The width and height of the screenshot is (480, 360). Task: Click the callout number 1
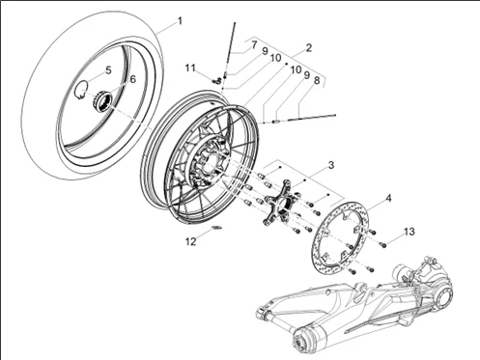click(x=178, y=18)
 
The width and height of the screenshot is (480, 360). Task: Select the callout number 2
click(x=308, y=47)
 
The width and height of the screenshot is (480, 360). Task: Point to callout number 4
click(x=388, y=200)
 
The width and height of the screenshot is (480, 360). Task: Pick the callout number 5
click(x=108, y=70)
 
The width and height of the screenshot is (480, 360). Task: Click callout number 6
click(x=131, y=79)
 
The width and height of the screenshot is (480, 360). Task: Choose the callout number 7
click(x=254, y=44)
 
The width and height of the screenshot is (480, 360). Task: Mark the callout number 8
click(x=317, y=82)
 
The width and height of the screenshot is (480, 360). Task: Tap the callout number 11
click(x=190, y=68)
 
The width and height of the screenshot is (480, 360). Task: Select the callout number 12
click(x=191, y=240)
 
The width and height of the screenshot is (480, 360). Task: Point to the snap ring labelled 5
click(x=85, y=92)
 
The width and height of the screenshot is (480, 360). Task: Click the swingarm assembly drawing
click(x=367, y=309)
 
